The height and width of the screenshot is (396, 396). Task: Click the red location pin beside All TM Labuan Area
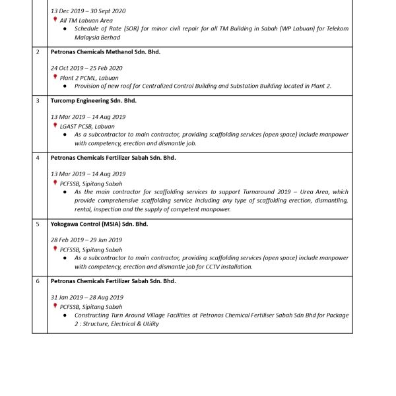[x=55, y=20]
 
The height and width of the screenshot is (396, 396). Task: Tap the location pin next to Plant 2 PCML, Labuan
[x=55, y=77]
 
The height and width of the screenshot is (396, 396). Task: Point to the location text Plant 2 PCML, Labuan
[x=89, y=78]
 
